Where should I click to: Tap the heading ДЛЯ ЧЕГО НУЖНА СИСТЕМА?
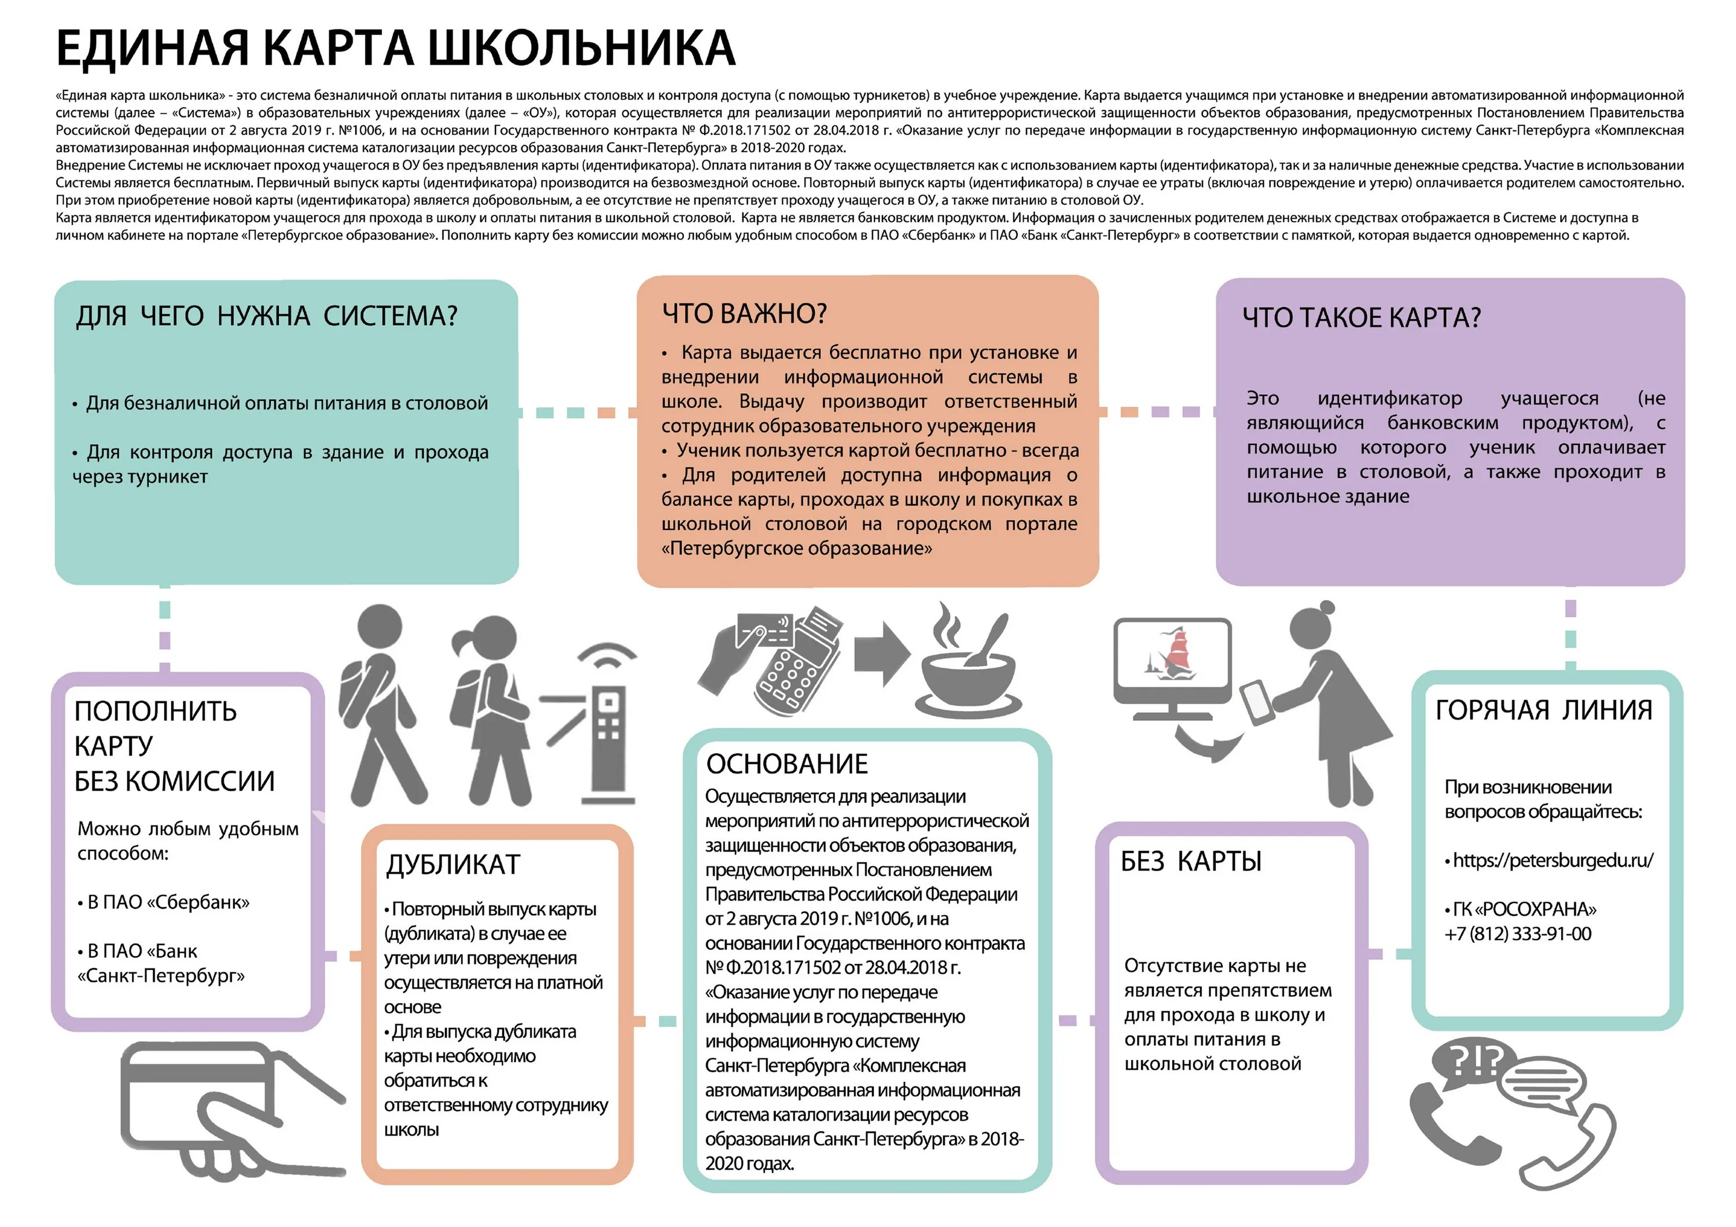(x=266, y=316)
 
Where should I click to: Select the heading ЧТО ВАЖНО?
(x=744, y=313)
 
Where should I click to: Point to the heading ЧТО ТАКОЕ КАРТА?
(x=1361, y=318)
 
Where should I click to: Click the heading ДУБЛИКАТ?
(x=453, y=864)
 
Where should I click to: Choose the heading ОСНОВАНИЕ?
(x=786, y=764)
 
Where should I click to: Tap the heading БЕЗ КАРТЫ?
(x=1191, y=861)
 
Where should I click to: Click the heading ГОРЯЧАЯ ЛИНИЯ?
(x=1543, y=710)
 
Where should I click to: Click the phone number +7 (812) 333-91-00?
(x=1517, y=934)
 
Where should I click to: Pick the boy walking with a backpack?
(x=383, y=703)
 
